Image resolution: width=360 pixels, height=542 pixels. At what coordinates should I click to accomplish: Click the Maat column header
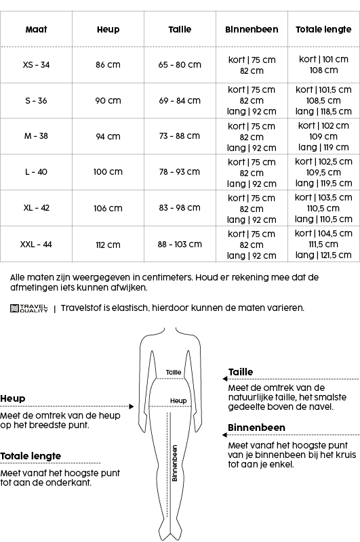(37, 30)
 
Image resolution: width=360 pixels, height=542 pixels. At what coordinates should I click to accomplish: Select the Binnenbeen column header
(252, 30)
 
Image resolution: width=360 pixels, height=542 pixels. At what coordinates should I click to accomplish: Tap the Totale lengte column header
(324, 30)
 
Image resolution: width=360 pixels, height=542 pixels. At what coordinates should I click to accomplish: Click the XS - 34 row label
(37, 65)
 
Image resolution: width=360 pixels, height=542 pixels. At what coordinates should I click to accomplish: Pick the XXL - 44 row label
(37, 245)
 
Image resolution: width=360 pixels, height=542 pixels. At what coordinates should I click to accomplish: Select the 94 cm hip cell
(108, 136)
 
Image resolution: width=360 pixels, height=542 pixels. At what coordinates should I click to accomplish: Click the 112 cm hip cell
(108, 245)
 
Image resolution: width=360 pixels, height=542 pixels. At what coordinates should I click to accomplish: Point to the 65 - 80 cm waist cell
(180, 65)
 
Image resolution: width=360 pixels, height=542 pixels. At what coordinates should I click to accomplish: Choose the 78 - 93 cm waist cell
(180, 172)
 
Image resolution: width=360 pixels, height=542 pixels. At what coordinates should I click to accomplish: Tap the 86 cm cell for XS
(108, 65)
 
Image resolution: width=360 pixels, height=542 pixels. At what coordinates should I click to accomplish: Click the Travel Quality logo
(28, 308)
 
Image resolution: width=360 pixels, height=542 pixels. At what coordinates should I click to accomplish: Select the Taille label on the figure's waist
(174, 373)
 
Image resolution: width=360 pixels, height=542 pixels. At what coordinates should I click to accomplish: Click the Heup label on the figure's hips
(178, 401)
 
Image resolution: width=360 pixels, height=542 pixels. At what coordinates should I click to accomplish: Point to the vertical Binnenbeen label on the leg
(174, 463)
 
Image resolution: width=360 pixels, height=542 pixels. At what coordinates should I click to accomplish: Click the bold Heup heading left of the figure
(12, 399)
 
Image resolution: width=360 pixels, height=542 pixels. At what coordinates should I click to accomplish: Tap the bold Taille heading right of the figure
(241, 372)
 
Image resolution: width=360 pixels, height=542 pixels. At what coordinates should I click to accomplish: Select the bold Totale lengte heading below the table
(31, 456)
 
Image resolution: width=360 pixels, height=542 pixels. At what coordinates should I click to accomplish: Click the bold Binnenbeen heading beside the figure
(256, 428)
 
